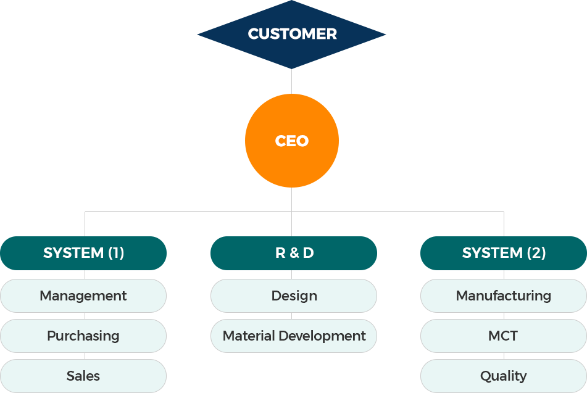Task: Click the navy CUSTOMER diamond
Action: (x=291, y=35)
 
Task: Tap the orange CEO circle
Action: (x=292, y=141)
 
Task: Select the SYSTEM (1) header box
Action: (x=83, y=253)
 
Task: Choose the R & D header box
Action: (x=294, y=253)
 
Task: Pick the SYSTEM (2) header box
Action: (x=504, y=253)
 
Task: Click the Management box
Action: (x=83, y=296)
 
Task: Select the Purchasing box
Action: (x=83, y=336)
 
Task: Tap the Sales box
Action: (x=83, y=376)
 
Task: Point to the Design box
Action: (x=294, y=296)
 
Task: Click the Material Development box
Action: (x=294, y=336)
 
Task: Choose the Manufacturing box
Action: (x=504, y=296)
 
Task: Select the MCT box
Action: (x=504, y=336)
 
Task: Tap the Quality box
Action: (x=504, y=376)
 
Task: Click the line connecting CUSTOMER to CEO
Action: (x=291, y=81)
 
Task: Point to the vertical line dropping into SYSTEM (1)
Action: (x=85, y=224)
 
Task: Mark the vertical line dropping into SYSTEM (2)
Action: (x=504, y=224)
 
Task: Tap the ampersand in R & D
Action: (x=294, y=253)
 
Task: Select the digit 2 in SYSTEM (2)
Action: (x=536, y=253)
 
